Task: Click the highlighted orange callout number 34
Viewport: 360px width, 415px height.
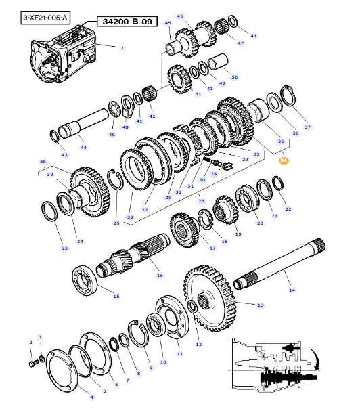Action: point(283,160)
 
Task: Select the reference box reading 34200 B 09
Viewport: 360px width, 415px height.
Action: point(127,22)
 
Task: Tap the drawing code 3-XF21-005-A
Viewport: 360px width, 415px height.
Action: point(45,18)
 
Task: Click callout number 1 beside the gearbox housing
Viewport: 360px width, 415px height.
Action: point(122,48)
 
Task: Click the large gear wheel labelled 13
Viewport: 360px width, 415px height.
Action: point(210,299)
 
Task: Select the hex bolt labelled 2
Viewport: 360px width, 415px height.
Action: point(34,364)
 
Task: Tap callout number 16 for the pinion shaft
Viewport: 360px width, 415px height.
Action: point(160,276)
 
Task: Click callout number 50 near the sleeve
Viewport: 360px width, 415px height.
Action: point(235,77)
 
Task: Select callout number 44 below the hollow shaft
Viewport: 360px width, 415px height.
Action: point(83,148)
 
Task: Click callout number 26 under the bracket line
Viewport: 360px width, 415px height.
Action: point(201,201)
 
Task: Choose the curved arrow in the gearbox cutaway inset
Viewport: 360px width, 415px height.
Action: point(316,359)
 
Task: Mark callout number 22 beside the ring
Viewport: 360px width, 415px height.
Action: point(288,209)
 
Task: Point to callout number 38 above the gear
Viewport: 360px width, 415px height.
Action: point(43,161)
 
